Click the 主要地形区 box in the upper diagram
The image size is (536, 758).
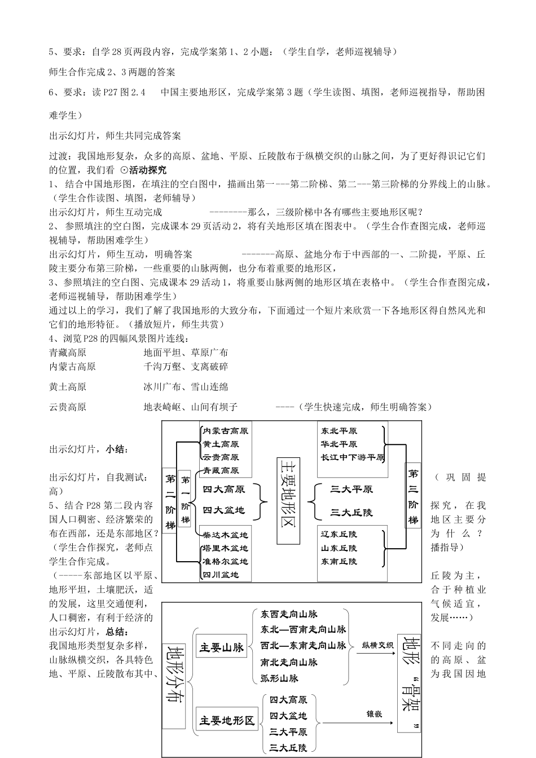pos(288,500)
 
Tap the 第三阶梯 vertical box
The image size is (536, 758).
pos(414,496)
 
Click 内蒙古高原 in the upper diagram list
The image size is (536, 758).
pos(226,430)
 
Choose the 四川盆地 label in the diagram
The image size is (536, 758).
pos(221,575)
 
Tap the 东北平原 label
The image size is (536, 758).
pos(339,430)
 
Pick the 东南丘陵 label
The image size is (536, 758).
pos(339,561)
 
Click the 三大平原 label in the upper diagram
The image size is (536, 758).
pos(352,489)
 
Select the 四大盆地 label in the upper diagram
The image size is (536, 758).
pos(224,510)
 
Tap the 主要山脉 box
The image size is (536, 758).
pos(222,647)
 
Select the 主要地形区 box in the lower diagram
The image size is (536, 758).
pos(227,720)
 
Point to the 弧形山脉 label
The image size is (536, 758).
pos(280,678)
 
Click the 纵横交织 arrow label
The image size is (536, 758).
pos(377,645)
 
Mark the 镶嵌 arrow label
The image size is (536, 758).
pos(375,713)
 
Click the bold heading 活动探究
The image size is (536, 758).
pos(148,170)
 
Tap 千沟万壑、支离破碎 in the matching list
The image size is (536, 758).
pos(186,367)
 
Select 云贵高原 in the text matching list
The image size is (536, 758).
pos(68,407)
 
